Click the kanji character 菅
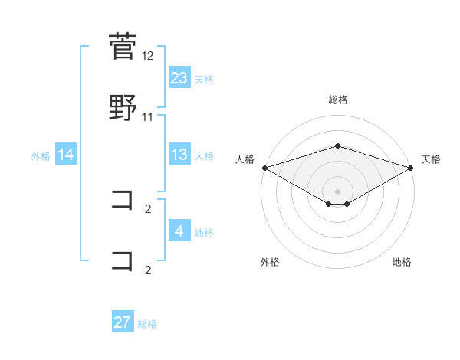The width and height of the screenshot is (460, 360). pos(123,46)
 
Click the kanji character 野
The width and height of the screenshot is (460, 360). pos(123,107)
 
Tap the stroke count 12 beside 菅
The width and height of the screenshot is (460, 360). pos(148,56)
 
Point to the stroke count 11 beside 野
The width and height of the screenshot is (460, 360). pos(148,117)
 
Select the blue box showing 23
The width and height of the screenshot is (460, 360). pos(179,78)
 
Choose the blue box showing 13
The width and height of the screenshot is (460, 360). pos(179,155)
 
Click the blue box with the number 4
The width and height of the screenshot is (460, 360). pos(179,232)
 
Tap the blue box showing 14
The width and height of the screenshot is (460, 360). pos(66,155)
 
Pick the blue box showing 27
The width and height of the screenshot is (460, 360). pos(123,322)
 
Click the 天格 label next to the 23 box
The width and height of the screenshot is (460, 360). pos(204,79)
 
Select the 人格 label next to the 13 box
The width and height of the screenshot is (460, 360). pos(204,155)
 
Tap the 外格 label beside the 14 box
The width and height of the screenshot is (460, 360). pos(41,155)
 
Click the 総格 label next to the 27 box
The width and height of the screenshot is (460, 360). pos(147,323)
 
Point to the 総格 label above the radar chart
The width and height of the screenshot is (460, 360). pos(338,100)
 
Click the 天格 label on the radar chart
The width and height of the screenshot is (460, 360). pos(431,159)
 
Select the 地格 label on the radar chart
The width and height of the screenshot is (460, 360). pos(402,262)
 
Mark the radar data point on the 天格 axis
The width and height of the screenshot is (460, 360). pos(411,168)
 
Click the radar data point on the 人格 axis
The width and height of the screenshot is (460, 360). pos(264,168)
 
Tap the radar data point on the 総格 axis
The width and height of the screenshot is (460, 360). pos(338,146)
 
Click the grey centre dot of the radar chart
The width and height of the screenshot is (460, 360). pos(338,191)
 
